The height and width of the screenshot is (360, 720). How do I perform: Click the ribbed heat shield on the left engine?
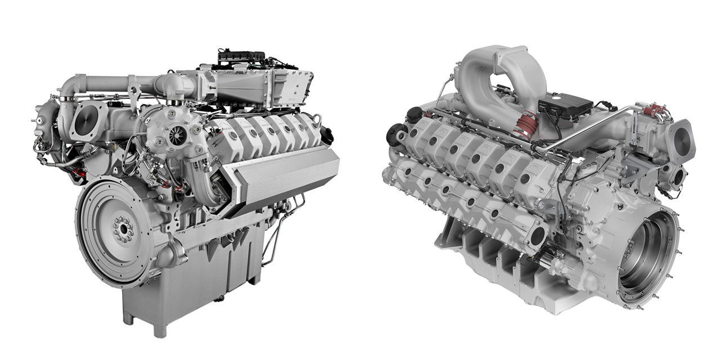coord(287,180)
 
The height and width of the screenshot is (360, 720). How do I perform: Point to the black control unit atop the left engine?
coord(241,57)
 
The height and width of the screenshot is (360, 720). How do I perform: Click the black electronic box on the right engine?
coord(565,105)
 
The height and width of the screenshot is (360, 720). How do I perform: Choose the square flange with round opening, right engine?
coord(681,137)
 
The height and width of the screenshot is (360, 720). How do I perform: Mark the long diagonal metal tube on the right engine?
coord(591,127)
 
